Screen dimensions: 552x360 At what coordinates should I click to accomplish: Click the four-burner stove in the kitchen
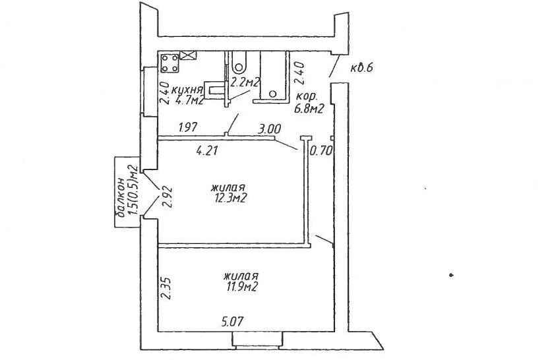click(169, 63)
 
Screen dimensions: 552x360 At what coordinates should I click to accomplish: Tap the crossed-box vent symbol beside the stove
click(188, 55)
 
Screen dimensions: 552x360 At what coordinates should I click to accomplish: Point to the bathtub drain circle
click(273, 94)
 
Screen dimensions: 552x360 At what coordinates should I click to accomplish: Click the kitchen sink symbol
click(215, 91)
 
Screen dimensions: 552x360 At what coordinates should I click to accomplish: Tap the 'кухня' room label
click(187, 90)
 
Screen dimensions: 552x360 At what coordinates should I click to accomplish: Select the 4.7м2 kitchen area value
click(189, 101)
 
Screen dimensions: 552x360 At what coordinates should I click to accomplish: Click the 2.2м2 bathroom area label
click(245, 82)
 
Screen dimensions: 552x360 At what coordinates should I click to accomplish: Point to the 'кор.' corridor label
click(307, 96)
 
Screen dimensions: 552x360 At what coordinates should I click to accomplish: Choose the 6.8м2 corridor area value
click(309, 109)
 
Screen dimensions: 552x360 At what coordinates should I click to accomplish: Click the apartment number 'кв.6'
click(361, 67)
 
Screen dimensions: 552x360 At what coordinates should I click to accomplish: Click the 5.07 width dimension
click(232, 321)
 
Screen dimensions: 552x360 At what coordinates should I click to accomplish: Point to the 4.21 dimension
click(208, 151)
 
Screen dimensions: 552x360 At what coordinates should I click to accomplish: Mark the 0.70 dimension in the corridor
click(321, 151)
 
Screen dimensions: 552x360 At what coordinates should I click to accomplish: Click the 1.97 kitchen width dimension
click(188, 127)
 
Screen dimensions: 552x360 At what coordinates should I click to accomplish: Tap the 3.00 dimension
click(269, 129)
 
